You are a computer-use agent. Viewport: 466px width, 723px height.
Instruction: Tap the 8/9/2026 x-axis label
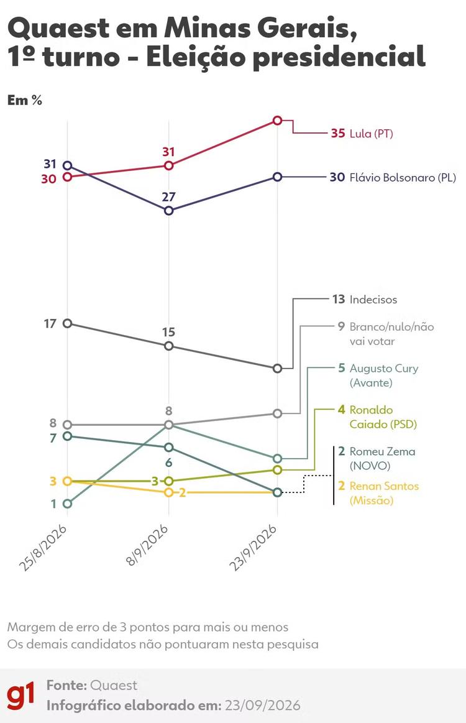(x=147, y=546)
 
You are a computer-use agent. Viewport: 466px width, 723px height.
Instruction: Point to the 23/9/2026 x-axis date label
(x=254, y=548)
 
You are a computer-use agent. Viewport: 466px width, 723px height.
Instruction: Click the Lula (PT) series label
(x=371, y=134)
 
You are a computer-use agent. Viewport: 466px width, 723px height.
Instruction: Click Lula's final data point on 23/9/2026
(x=278, y=121)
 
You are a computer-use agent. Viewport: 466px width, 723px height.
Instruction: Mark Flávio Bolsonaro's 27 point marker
(x=169, y=211)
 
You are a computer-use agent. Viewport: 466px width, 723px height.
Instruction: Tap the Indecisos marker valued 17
(x=67, y=323)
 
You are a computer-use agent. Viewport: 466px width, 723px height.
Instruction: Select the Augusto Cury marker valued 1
(x=67, y=504)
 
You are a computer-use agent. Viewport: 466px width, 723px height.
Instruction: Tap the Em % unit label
(x=25, y=100)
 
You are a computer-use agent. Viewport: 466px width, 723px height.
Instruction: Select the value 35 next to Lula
(x=338, y=133)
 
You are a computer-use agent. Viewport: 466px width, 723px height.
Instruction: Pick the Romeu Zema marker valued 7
(x=67, y=436)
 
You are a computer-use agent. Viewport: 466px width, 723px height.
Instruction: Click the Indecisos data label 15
(x=169, y=332)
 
